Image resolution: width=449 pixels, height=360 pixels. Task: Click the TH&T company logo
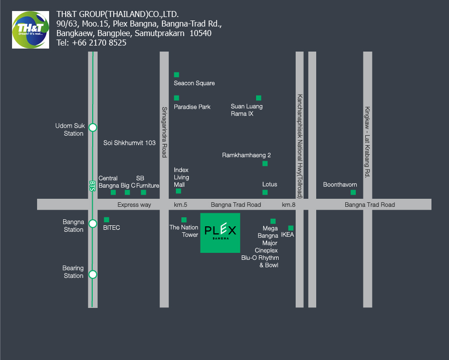pos(31,30)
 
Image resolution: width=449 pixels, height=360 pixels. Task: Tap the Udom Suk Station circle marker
pos(93,127)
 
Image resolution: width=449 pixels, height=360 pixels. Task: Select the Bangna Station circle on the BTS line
pos(93,223)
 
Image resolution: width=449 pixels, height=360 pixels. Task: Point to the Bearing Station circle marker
pos(93,274)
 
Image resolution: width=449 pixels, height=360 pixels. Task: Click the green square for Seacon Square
pos(176,75)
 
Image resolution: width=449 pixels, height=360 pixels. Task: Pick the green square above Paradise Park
pos(176,98)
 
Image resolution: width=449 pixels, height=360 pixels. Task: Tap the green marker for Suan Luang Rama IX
pos(259,98)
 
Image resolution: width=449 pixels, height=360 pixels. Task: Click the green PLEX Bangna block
pos(220,233)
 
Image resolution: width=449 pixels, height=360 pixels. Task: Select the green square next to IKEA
pos(291,228)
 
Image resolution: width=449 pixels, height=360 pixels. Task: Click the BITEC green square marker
pos(107,220)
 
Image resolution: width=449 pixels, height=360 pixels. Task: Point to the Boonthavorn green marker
pos(353,192)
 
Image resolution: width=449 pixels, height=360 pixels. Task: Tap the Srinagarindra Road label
pos(164,132)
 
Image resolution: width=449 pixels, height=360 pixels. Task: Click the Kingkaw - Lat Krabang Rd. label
pos(367,142)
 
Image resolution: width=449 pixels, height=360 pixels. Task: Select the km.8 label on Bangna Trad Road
pos(288,205)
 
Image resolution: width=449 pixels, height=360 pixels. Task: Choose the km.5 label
pos(180,205)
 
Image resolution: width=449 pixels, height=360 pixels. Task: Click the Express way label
pos(134,205)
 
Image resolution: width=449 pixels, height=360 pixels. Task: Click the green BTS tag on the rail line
pos(92,186)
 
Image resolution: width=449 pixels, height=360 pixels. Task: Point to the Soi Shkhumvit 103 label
pos(129,143)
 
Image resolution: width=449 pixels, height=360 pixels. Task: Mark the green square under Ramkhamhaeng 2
pos(265,164)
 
